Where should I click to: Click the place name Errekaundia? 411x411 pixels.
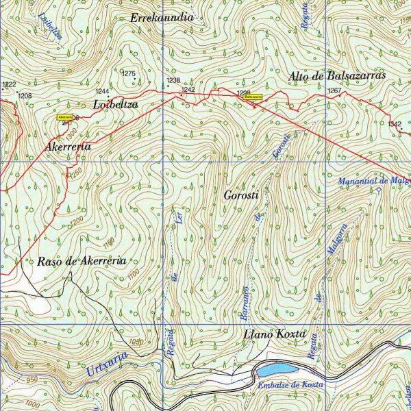coord(162,17)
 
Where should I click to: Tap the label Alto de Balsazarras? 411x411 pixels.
coord(338,75)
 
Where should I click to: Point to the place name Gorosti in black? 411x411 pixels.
coord(240,195)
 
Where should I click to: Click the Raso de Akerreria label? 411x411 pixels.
coord(81,261)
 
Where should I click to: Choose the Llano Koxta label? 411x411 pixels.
coord(273,335)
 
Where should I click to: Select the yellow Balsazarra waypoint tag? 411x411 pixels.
coord(253,97)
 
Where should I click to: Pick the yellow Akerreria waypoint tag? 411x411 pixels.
coord(66,117)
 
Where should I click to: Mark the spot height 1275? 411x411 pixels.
coord(128,73)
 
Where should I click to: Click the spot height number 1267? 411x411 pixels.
coord(334,90)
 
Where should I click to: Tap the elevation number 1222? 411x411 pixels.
coord(9,85)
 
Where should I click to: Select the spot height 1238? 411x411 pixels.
coord(173,80)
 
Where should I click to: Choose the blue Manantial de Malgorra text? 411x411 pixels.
coord(375,181)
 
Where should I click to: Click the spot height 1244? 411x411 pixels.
coord(103,91)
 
